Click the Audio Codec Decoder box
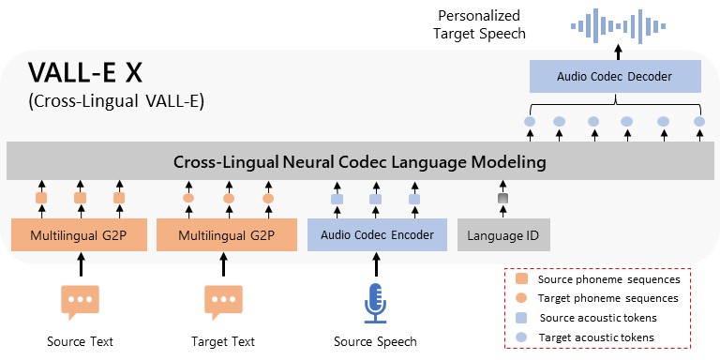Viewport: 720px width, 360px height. click(614, 76)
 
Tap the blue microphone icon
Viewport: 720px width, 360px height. click(375, 301)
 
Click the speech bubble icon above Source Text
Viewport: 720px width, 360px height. click(80, 301)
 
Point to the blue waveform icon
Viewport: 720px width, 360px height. click(616, 22)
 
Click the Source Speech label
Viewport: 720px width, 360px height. click(375, 341)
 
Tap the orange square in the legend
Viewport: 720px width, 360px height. click(520, 279)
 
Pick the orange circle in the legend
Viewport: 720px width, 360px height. click(520, 298)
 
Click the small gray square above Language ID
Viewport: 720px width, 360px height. click(502, 199)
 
